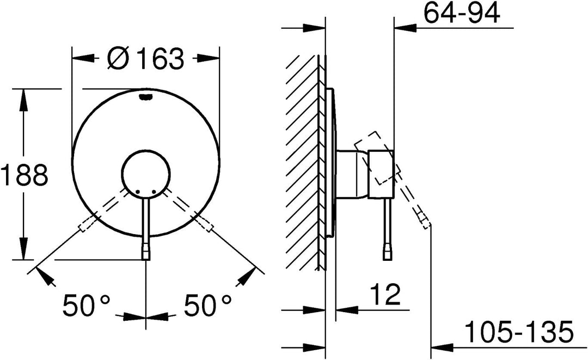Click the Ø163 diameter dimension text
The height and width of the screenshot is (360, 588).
click(145, 58)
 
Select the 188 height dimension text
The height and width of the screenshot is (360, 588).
click(24, 175)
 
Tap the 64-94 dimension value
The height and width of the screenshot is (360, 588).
click(462, 13)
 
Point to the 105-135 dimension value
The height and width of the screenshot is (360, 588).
click(519, 331)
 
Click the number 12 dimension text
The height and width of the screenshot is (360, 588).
click(385, 295)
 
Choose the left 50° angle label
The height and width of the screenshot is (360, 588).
click(87, 306)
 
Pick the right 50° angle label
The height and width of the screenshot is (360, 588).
click(208, 306)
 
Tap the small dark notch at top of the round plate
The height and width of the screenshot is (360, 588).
click(146, 97)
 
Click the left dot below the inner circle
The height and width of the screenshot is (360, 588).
click(138, 192)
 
